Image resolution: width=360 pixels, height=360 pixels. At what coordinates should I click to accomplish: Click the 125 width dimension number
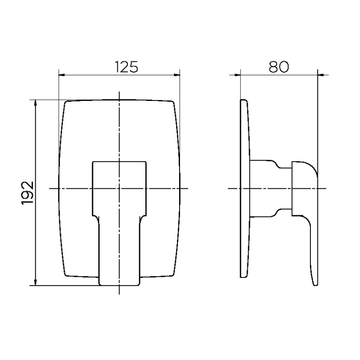click(126, 67)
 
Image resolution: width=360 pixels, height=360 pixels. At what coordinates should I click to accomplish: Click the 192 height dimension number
click(28, 193)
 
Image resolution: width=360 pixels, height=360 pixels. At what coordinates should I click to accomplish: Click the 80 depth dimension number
click(279, 67)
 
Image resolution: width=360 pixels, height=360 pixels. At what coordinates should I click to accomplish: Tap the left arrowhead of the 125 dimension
click(62, 75)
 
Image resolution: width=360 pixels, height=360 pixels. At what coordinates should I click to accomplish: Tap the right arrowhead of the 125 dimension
click(177, 75)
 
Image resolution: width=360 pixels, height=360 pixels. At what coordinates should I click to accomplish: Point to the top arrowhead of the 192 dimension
click(35, 103)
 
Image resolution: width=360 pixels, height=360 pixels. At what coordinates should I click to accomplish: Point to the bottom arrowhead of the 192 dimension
click(35, 283)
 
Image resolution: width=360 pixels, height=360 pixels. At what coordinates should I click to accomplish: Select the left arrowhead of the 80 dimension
click(237, 75)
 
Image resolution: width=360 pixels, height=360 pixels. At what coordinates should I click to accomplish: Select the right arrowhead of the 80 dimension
click(321, 75)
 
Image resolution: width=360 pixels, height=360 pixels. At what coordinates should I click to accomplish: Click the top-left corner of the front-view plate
click(66, 101)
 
